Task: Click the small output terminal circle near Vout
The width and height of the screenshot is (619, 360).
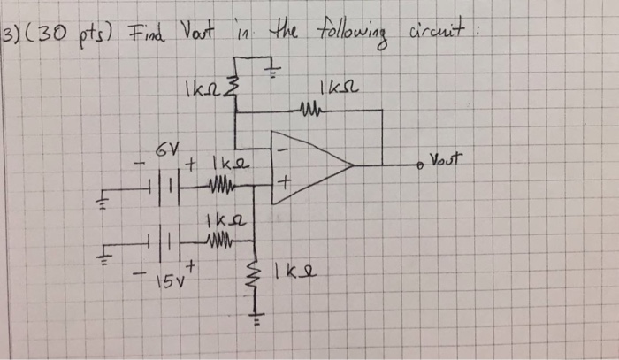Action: point(423,165)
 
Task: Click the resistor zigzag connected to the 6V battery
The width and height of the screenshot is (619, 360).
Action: point(217,186)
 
